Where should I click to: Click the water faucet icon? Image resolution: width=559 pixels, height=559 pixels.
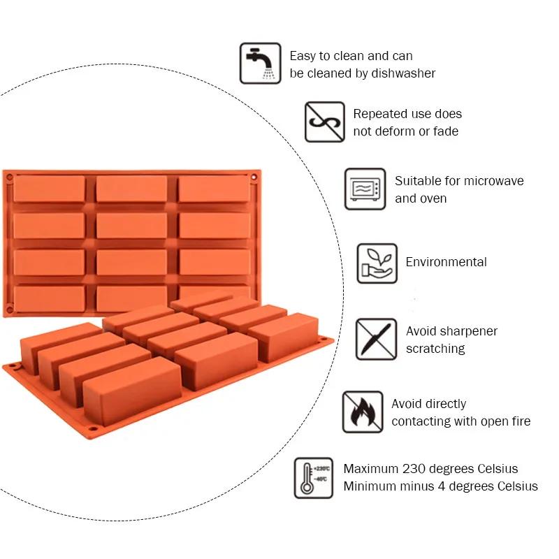tap(260, 64)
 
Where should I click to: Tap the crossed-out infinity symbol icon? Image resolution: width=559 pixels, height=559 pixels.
tap(324, 122)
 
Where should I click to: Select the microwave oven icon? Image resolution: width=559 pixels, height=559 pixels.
tap(365, 189)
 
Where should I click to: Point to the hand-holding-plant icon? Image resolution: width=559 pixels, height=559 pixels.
tap(377, 263)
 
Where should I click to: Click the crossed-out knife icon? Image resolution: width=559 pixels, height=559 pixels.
tap(377, 340)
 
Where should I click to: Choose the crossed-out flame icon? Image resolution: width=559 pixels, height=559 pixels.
tap(363, 412)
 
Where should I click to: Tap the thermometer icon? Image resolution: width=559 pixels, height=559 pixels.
tap(314, 477)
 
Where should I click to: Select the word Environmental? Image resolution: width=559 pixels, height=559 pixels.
tap(446, 263)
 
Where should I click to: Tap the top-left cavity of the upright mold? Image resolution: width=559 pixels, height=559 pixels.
tap(49, 189)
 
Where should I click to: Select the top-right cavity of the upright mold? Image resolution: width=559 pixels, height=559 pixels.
tap(214, 189)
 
